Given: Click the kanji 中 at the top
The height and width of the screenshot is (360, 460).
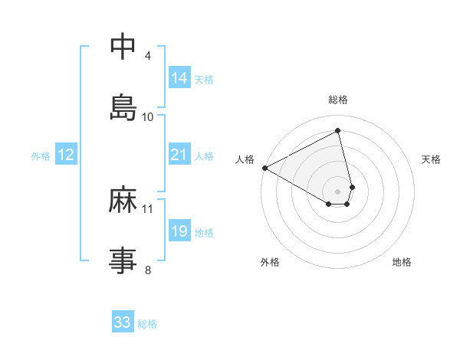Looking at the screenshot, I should click(x=123, y=47).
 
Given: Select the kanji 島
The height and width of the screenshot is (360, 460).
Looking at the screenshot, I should click(x=123, y=106).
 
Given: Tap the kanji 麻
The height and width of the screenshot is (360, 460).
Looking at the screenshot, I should click(x=123, y=201).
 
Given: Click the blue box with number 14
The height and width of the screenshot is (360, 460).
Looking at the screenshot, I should click(x=179, y=77).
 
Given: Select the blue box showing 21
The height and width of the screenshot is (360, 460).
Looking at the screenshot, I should click(x=179, y=155).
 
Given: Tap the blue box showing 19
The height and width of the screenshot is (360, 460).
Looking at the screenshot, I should click(x=179, y=231).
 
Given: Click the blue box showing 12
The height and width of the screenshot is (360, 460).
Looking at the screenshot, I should click(x=66, y=155).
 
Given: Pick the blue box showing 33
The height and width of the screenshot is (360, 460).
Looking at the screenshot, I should click(x=123, y=322).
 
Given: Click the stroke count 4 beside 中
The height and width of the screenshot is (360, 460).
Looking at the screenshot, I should click(x=148, y=56).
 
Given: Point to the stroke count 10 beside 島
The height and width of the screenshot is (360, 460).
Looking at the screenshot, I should click(x=148, y=116).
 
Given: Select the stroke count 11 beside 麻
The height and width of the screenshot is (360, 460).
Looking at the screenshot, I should click(x=148, y=208).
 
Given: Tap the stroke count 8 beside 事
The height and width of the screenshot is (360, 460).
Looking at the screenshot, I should click(x=148, y=269).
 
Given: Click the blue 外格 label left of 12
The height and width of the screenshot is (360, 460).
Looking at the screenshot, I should click(x=41, y=155).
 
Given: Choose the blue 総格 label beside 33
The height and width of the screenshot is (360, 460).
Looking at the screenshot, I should click(x=147, y=323).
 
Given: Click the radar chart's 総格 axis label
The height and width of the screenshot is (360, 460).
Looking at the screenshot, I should click(x=338, y=100).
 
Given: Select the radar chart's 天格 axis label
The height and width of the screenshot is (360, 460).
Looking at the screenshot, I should click(x=431, y=159).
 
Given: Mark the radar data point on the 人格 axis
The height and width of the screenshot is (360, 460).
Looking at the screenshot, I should click(x=264, y=168).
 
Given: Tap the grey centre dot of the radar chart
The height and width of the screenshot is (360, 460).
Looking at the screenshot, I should click(x=338, y=191).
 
